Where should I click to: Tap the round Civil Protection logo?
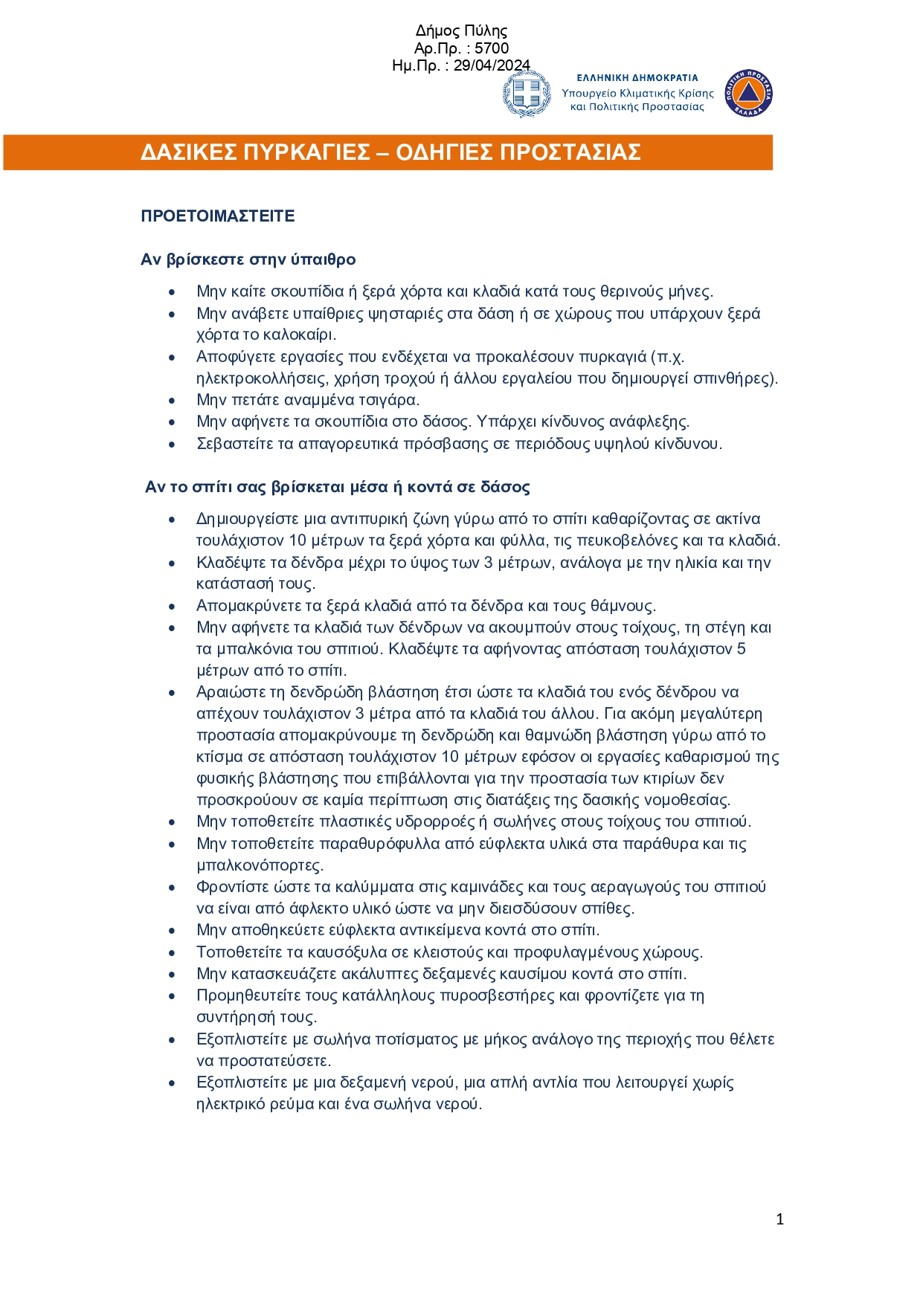coord(748,94)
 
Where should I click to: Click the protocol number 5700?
coord(492,48)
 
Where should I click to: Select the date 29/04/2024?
coord(492,65)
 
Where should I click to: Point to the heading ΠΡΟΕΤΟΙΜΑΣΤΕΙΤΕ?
coord(218,216)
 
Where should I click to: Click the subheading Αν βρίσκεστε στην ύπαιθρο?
coord(248,259)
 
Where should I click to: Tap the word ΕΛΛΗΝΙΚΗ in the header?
coord(604,77)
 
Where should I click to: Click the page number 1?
coord(779,1219)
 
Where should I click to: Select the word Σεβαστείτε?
coord(234,444)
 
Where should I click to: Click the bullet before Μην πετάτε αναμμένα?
coord(172,401)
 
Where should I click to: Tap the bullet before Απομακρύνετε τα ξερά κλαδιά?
coord(172,607)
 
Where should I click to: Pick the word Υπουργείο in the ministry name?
coord(589,94)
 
